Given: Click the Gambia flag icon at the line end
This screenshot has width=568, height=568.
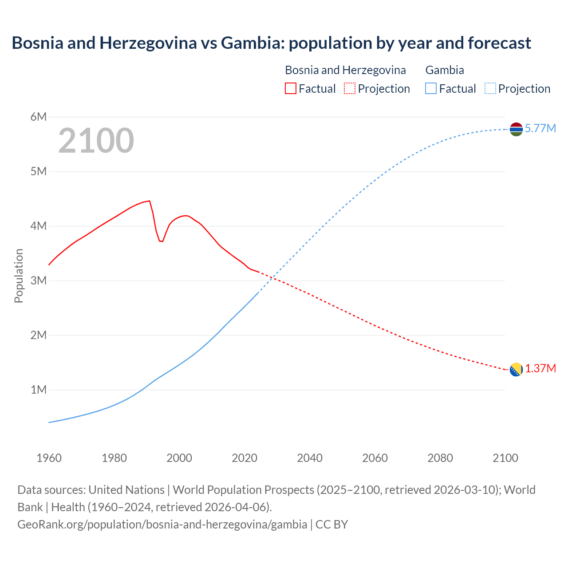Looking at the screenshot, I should [x=516, y=129].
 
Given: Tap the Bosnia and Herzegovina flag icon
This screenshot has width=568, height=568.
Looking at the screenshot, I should [x=516, y=369].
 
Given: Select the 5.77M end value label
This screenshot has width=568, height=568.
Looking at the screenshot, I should [x=540, y=129].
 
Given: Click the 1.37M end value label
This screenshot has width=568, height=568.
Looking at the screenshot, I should [x=540, y=369].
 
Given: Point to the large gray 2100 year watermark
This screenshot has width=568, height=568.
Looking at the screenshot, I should [x=96, y=141].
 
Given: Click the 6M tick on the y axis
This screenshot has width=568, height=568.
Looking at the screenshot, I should [x=39, y=117].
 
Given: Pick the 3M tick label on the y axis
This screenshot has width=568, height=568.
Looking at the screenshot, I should [x=39, y=280].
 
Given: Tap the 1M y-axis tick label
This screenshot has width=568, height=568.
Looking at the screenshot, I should [x=39, y=390].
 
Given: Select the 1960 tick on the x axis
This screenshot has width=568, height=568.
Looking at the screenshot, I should [x=49, y=458].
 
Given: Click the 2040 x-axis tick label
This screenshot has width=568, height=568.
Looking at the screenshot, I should [x=310, y=458].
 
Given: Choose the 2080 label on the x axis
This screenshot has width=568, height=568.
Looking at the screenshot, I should [x=440, y=458].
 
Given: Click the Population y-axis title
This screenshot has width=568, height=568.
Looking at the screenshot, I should [x=19, y=276].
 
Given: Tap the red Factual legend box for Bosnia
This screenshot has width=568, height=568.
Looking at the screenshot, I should [x=290, y=88].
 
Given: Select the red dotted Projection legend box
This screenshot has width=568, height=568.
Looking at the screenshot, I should [x=350, y=88].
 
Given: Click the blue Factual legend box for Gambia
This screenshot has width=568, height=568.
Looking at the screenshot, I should [x=430, y=88].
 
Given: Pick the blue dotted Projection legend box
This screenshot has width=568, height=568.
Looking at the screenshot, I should [x=490, y=88].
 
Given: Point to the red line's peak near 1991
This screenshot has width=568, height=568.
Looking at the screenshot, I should [x=150, y=201].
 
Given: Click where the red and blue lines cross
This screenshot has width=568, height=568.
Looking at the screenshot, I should [x=272, y=278].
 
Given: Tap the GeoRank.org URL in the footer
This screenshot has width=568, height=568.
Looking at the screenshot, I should [x=162, y=525].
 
